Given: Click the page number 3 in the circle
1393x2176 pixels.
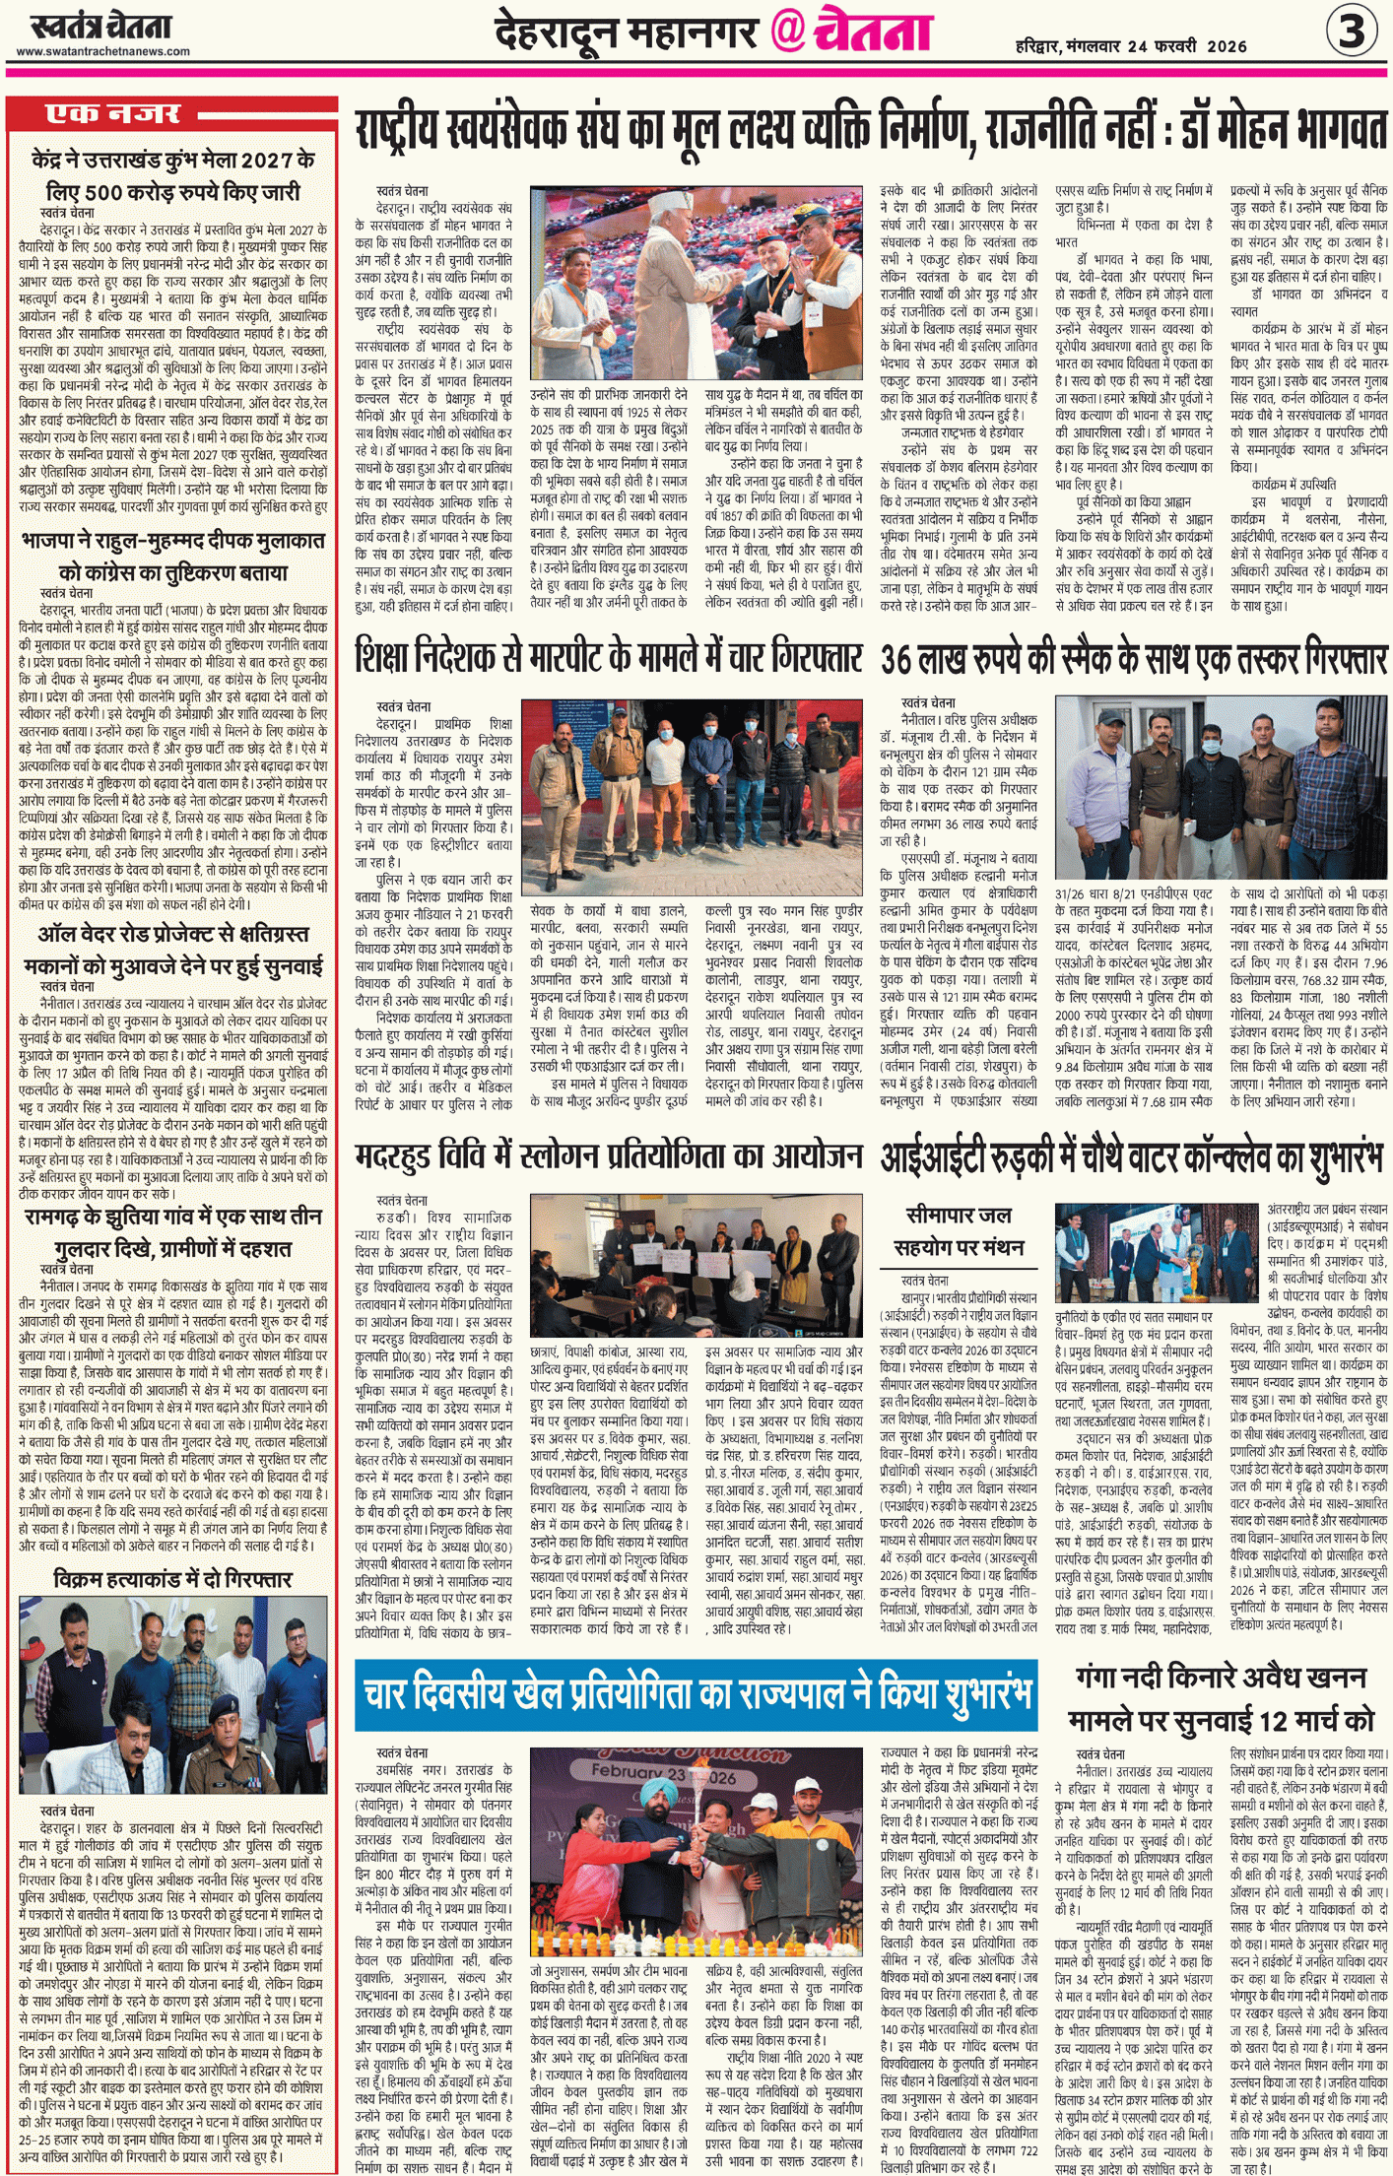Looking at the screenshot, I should [x=1351, y=32].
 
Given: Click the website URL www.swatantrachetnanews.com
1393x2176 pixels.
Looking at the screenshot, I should [x=103, y=51].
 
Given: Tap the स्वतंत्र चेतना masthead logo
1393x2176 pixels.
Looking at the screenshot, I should [x=100, y=26].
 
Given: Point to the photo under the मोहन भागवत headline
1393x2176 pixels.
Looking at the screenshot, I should [x=696, y=282].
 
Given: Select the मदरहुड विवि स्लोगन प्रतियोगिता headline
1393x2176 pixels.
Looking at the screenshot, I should [x=609, y=1156].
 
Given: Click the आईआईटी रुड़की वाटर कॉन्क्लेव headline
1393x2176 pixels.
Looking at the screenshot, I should [x=1133, y=1156].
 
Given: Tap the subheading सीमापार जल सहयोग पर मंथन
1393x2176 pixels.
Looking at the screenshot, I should [x=958, y=1230].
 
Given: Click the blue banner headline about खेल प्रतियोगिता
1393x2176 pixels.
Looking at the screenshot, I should [x=696, y=1693].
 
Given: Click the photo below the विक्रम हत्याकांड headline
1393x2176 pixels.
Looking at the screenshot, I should [x=173, y=1694].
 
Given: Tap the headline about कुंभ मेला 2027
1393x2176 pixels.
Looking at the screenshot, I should [x=173, y=175].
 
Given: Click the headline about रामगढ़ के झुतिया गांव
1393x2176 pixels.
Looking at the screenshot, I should [x=173, y=1232].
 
